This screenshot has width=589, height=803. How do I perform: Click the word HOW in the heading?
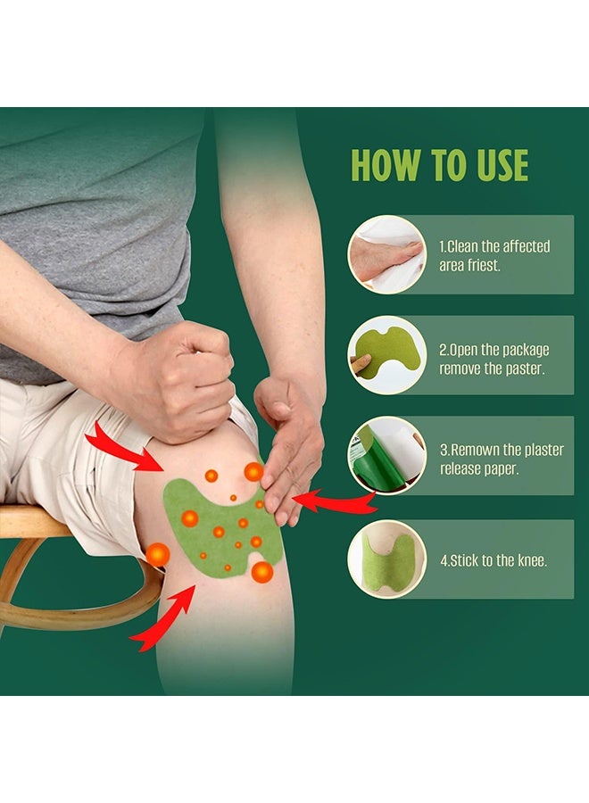click(x=383, y=166)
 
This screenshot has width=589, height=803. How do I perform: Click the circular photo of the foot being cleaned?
click(x=386, y=254)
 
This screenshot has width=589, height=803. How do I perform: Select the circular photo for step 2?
click(x=386, y=355)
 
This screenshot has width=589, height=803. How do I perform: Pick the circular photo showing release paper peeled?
click(x=386, y=456)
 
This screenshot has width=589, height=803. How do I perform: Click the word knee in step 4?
click(x=529, y=561)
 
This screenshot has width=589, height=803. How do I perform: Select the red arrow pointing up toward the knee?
click(x=164, y=617)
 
